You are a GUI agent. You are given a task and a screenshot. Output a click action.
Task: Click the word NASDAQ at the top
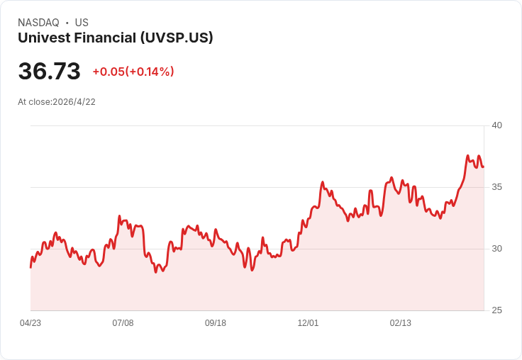click(x=38, y=23)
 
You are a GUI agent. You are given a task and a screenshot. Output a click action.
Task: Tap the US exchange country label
click(x=82, y=23)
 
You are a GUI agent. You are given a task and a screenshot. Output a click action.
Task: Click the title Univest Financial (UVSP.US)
click(x=115, y=38)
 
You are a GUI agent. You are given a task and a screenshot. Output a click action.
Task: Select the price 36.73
click(x=49, y=72)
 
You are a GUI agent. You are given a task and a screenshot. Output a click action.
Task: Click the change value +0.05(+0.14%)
click(x=133, y=72)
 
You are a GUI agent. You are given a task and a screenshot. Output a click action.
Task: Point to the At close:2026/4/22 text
click(x=57, y=102)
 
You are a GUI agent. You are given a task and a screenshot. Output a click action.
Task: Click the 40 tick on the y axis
click(x=496, y=125)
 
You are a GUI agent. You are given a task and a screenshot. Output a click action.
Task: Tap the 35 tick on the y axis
click(x=496, y=187)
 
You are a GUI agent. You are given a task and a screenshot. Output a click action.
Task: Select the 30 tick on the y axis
click(x=496, y=249)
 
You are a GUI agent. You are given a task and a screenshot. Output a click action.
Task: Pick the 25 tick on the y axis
click(x=496, y=310)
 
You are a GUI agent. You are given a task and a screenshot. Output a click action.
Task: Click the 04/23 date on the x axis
click(x=30, y=323)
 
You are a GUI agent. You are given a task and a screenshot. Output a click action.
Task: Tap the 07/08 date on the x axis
click(x=123, y=323)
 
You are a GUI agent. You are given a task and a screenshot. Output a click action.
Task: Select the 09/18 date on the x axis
click(x=216, y=323)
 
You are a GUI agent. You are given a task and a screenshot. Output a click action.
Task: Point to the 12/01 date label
click(x=308, y=323)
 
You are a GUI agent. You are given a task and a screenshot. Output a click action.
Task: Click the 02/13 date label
click(x=401, y=323)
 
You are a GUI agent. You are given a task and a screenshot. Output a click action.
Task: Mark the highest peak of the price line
click(x=467, y=156)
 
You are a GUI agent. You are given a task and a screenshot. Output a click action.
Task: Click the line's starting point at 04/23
click(x=30, y=267)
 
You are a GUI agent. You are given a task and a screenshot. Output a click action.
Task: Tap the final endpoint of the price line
click(x=483, y=167)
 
